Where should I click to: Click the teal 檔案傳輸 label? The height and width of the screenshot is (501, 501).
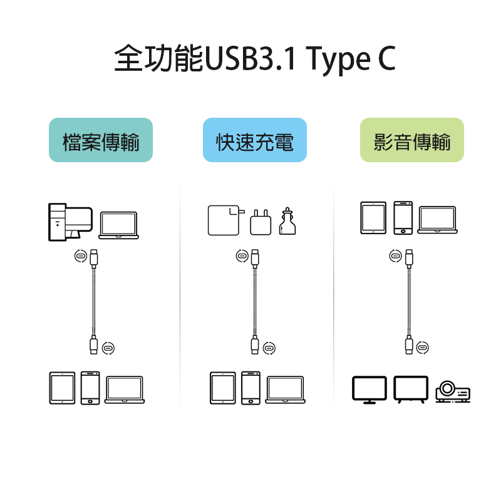click(101, 140)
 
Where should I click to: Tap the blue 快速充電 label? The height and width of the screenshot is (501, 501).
click(254, 140)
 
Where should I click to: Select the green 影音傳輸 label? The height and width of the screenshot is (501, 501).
click(411, 140)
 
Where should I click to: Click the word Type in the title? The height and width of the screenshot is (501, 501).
click(336, 59)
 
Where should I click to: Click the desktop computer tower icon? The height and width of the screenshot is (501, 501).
click(57, 222)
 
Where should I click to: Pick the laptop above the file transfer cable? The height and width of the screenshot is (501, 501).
click(118, 224)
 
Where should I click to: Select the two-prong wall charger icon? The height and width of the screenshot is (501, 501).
click(260, 222)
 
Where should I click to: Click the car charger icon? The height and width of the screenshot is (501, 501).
click(287, 221)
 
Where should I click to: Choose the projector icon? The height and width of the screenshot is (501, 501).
click(452, 391)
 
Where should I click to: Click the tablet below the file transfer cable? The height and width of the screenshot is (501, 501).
click(62, 388)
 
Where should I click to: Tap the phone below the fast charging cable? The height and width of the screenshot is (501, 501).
click(250, 388)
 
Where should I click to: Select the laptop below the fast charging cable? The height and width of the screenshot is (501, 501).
click(285, 389)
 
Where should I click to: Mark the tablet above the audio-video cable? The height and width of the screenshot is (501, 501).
click(373, 219)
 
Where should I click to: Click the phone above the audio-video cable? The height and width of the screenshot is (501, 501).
click(403, 219)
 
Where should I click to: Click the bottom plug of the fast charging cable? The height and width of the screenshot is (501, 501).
click(255, 345)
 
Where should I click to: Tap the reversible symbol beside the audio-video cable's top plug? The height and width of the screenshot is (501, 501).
click(395, 256)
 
